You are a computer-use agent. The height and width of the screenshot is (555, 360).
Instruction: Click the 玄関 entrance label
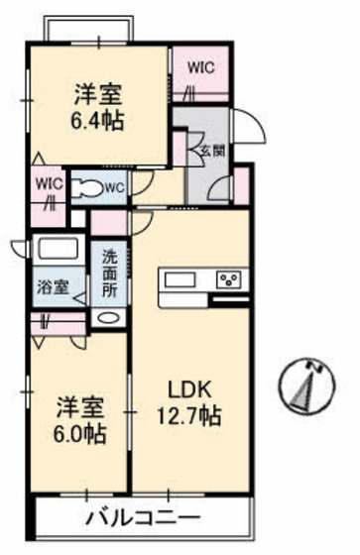pyautogui.click(x=211, y=151)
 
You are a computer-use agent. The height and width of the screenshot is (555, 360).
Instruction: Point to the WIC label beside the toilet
pyautogui.click(x=48, y=182)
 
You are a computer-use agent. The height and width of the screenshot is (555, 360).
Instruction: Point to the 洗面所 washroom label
pyautogui.click(x=109, y=272)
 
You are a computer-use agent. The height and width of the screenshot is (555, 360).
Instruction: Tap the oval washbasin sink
pyautogui.click(x=108, y=319)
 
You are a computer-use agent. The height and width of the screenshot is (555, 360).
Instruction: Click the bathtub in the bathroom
pyautogui.click(x=60, y=249)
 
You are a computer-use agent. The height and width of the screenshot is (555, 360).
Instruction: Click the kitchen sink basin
pyautogui.click(x=180, y=278)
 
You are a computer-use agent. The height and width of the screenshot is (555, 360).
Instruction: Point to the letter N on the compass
pyautogui.click(x=319, y=369)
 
